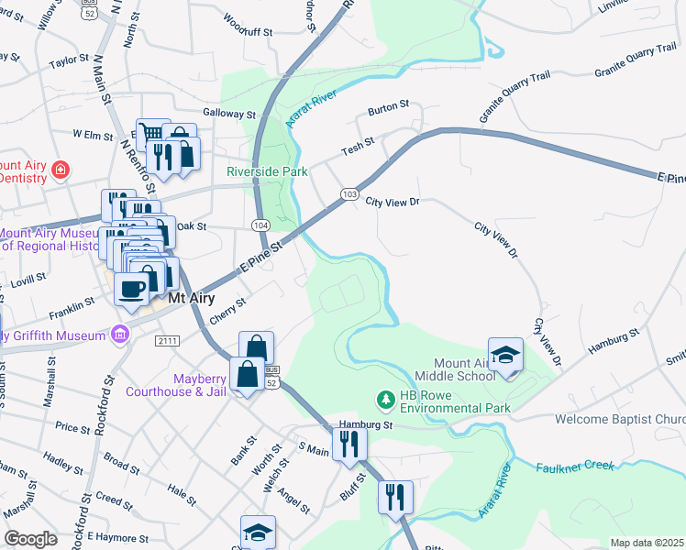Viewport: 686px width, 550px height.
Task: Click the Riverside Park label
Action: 267,171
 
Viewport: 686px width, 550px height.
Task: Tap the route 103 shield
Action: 349,194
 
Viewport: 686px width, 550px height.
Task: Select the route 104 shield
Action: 260,225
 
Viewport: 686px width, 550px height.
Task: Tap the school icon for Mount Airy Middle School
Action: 504,356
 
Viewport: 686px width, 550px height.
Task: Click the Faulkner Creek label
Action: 574,467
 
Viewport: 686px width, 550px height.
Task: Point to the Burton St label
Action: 388,108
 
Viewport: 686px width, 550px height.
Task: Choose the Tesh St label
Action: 359,145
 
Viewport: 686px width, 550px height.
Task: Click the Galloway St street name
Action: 229,115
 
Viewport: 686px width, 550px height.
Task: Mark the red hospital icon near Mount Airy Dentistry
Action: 60,170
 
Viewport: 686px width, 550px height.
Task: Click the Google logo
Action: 30,539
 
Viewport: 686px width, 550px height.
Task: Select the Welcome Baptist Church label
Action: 620,420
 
